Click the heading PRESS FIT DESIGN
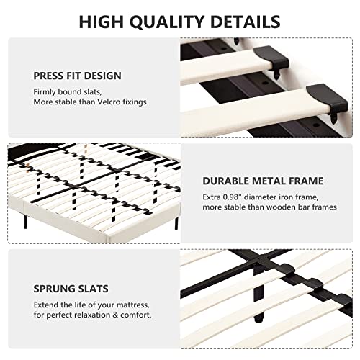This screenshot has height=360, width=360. [77, 75]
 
